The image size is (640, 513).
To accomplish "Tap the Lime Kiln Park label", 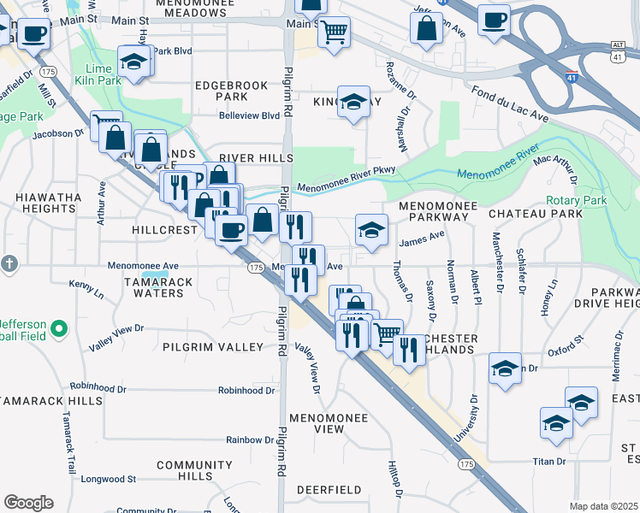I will pyautogui.click(x=98, y=74).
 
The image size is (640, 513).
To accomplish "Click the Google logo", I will pyautogui.click(x=28, y=502).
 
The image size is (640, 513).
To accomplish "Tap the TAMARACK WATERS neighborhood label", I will pyautogui.click(x=154, y=287).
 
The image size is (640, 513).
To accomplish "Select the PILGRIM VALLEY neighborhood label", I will pyautogui.click(x=214, y=346).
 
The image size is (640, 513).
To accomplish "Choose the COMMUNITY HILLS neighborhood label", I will pyautogui.click(x=183, y=470).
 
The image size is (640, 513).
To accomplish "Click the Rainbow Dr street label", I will pyautogui.click(x=250, y=439).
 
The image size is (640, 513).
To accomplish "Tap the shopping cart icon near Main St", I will pyautogui.click(x=334, y=32).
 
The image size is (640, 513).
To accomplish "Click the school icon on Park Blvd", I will pyautogui.click(x=135, y=61).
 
